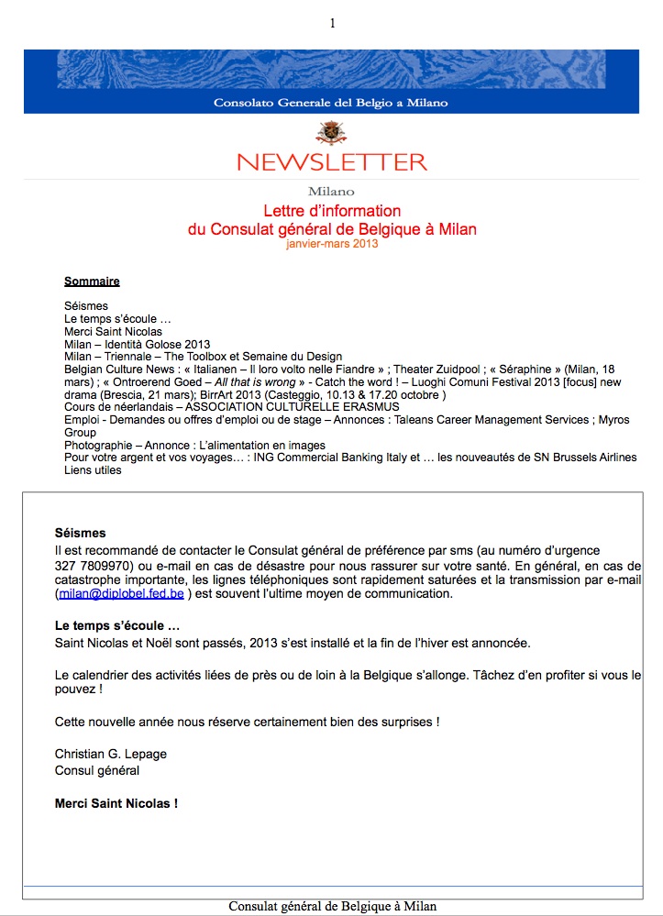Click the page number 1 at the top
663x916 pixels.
coord(333,23)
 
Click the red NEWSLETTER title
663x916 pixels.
coord(332,162)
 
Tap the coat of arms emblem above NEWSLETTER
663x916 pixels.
coord(331,133)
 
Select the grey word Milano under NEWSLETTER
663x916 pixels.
coord(331,192)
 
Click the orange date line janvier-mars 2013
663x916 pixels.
coord(332,244)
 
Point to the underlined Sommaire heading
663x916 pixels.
coord(92,281)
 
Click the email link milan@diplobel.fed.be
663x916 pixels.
coord(121,594)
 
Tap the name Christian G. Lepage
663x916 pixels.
coord(111,755)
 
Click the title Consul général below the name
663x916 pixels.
coord(97,771)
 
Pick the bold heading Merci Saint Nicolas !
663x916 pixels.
coord(116,804)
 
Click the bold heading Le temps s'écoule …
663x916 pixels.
coord(117,626)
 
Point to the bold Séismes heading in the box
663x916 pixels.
coord(81,533)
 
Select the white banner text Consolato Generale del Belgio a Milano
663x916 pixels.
coord(331,103)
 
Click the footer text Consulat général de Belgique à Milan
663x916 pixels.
coord(332,906)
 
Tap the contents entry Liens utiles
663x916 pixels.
coord(93,471)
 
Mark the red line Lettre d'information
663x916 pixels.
coord(332,212)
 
